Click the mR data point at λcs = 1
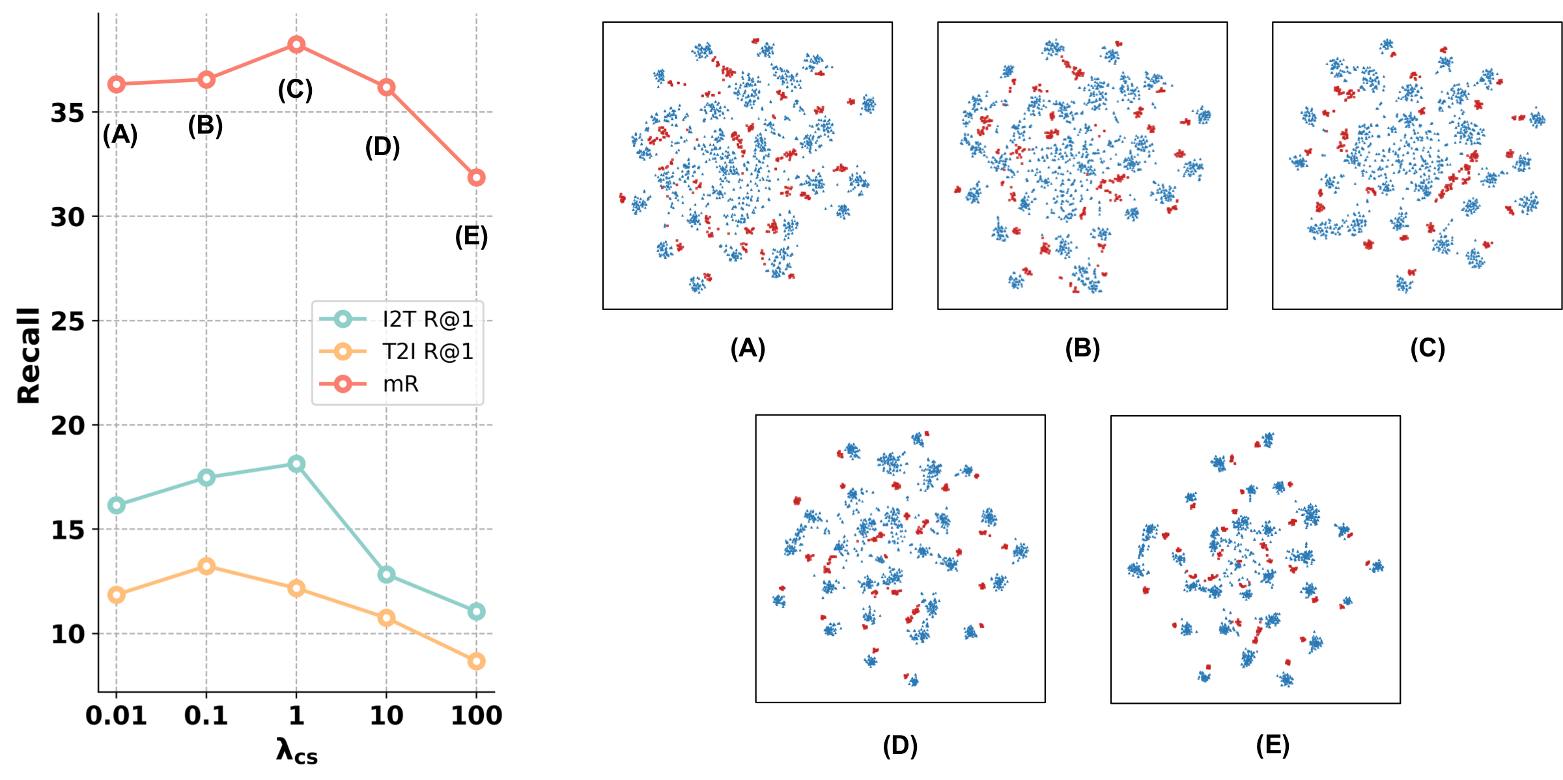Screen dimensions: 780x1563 coord(296,44)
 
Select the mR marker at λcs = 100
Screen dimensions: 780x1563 coord(476,177)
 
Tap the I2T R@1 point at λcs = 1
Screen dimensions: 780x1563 coord(296,464)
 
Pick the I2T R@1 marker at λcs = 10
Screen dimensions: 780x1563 coord(386,574)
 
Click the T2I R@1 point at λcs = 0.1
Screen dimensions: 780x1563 coord(206,566)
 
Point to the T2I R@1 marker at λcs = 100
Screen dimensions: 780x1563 coord(476,661)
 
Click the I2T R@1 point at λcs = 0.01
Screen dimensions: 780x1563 coord(117,505)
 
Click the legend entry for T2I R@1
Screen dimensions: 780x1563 coord(427,352)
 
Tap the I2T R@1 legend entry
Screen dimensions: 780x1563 coord(427,319)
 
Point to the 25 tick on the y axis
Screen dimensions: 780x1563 coord(68,321)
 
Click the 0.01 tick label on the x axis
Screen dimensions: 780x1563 coord(116,715)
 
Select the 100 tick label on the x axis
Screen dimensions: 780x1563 coord(476,715)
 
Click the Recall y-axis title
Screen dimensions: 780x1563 coord(29,355)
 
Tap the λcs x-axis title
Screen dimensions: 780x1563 coord(296,751)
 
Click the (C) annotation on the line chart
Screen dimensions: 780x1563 coord(295,89)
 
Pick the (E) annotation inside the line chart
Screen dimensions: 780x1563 coord(471,236)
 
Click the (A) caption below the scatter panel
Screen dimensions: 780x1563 coord(748,348)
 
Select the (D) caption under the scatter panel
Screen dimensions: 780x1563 coord(900,745)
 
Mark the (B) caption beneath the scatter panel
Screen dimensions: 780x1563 coord(1082,348)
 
